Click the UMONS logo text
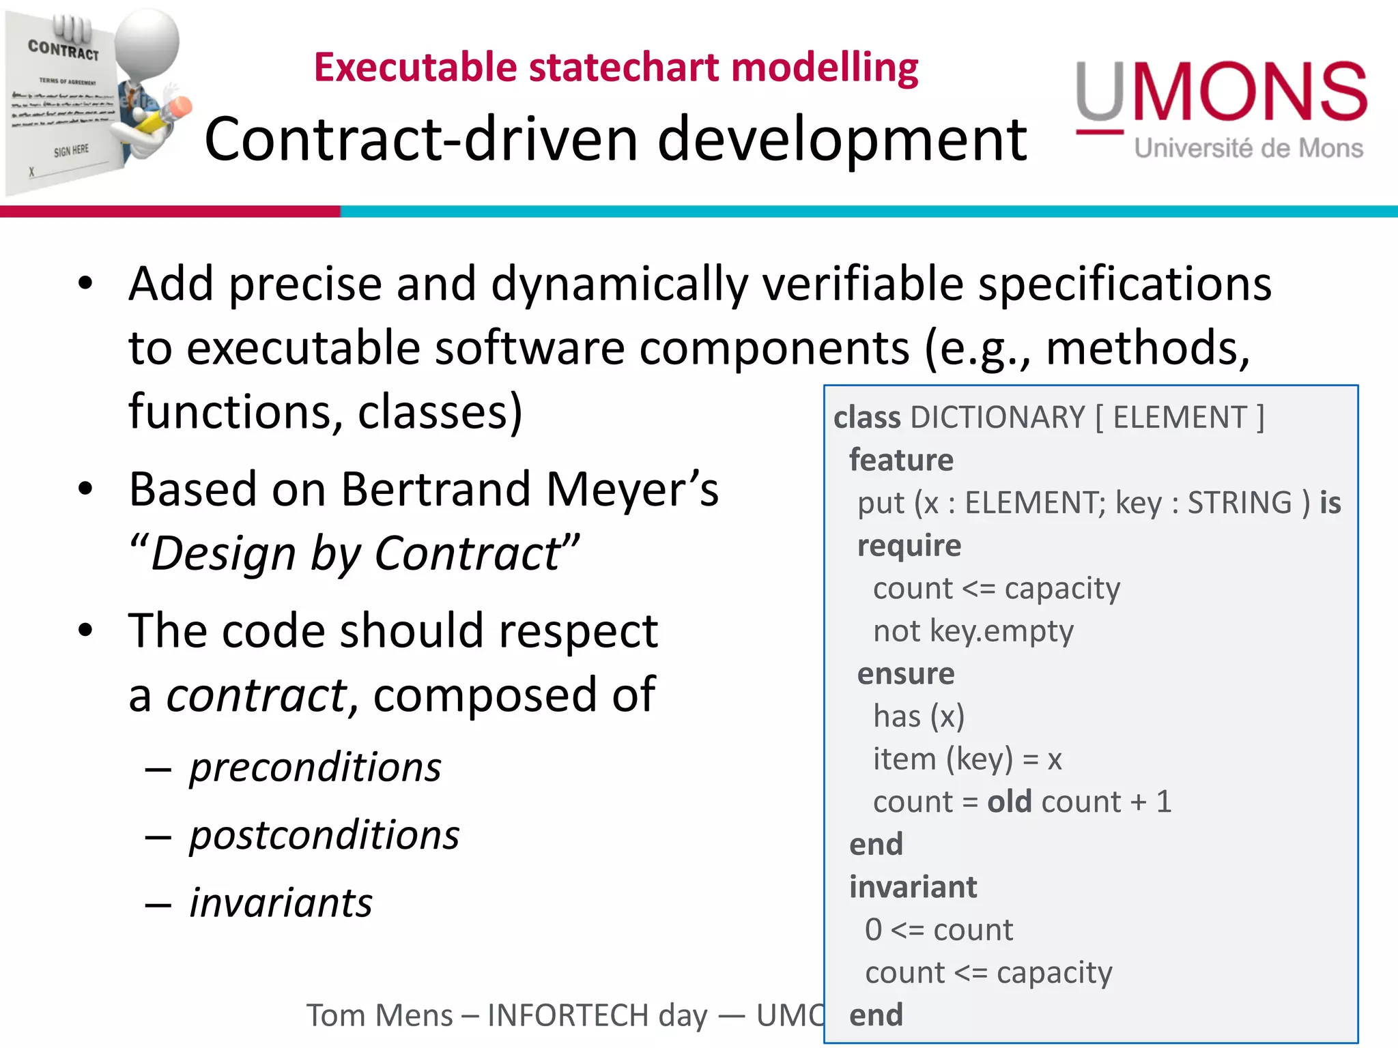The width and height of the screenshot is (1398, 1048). (x=1222, y=92)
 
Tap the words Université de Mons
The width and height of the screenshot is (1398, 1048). (x=1249, y=149)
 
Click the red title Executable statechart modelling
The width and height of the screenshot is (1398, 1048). (x=616, y=68)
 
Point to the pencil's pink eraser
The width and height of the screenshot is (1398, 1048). (x=181, y=108)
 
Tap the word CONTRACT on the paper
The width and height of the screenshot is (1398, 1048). (x=63, y=49)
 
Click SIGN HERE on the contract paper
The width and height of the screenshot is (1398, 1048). (x=71, y=150)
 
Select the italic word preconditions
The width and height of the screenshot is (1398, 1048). (x=315, y=768)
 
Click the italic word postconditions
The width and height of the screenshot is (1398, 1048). (x=324, y=835)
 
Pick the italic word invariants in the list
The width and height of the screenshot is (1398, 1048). (x=281, y=903)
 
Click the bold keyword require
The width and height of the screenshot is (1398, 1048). (x=909, y=546)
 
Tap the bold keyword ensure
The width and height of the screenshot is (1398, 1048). (x=905, y=674)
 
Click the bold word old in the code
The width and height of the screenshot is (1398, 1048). (x=1009, y=802)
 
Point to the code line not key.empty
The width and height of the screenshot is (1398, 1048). (x=973, y=631)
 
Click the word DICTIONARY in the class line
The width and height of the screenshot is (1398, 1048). (x=997, y=418)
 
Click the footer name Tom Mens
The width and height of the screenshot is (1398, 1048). (x=379, y=1015)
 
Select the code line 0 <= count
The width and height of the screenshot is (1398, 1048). (x=939, y=930)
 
